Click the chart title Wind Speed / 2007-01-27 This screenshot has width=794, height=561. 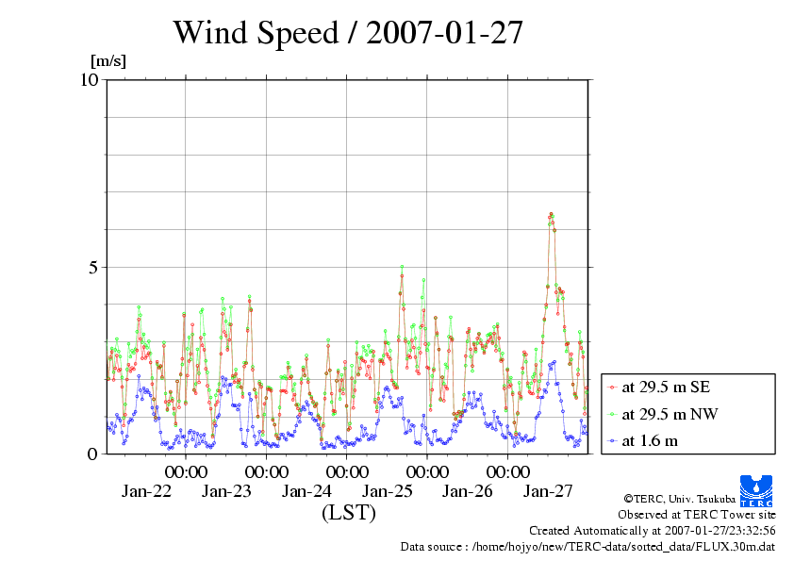coord(347,34)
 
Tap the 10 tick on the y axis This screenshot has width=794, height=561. coord(90,79)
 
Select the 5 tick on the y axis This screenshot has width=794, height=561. coord(93,267)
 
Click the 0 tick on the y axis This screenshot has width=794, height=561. coord(93,454)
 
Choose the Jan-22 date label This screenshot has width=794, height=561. coord(147,491)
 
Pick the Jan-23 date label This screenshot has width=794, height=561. coord(227,491)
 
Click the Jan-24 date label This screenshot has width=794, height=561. coord(307,491)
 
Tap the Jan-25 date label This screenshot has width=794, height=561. coord(388,491)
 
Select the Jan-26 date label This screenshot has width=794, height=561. coord(468,491)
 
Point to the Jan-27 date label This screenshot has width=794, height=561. coord(548,491)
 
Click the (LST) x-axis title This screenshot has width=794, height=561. coord(348,513)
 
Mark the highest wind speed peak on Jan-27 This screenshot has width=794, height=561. coord(551,215)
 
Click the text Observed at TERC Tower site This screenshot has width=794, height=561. coord(697,515)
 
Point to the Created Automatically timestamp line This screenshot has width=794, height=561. coord(652,530)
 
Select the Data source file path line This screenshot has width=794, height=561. coord(587,546)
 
